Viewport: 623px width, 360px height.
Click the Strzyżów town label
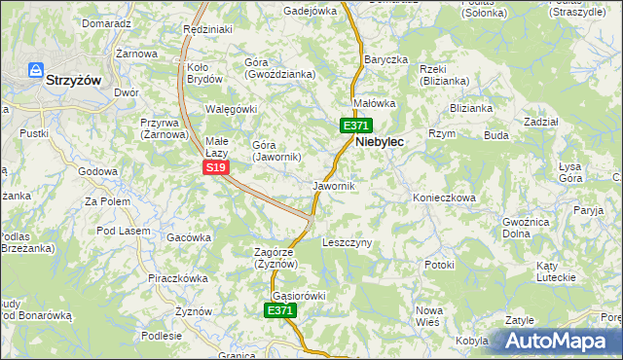(74, 83)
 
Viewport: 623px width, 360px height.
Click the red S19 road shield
(216, 168)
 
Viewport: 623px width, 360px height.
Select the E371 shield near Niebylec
(355, 126)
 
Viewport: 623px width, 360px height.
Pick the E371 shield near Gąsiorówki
(279, 310)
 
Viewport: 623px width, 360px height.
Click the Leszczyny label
(347, 242)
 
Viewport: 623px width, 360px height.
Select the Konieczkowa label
(444, 198)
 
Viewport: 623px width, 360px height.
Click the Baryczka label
(385, 59)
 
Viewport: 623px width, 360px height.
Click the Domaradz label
(106, 22)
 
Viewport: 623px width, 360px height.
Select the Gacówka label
(189, 237)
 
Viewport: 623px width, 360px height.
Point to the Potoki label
(439, 264)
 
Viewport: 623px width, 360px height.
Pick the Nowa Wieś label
(429, 314)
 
